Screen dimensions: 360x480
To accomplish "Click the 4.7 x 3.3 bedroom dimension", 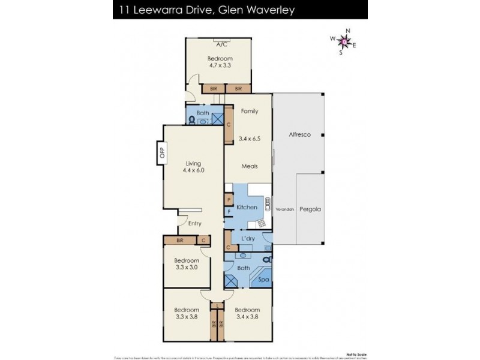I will coord(220,66).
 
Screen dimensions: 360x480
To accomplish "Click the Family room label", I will coord(249,112).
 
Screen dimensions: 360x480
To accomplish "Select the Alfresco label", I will coord(299,136).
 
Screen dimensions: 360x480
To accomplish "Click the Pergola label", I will coord(311,210).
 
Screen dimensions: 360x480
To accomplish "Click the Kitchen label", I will coord(247,207).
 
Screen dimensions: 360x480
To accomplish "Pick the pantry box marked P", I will coord(229,200).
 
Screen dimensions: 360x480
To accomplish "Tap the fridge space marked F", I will coord(229,212).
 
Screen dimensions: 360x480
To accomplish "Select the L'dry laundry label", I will coord(248,239).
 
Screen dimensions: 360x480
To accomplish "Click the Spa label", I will coord(263,279).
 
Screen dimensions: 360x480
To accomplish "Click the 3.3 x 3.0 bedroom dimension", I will coord(187,268).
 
